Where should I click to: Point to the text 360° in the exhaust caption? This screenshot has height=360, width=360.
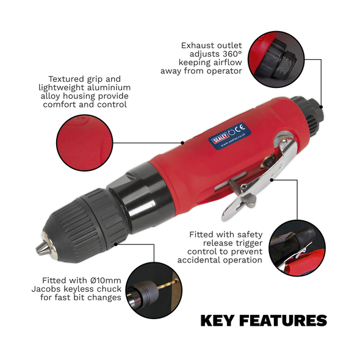(228, 54)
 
